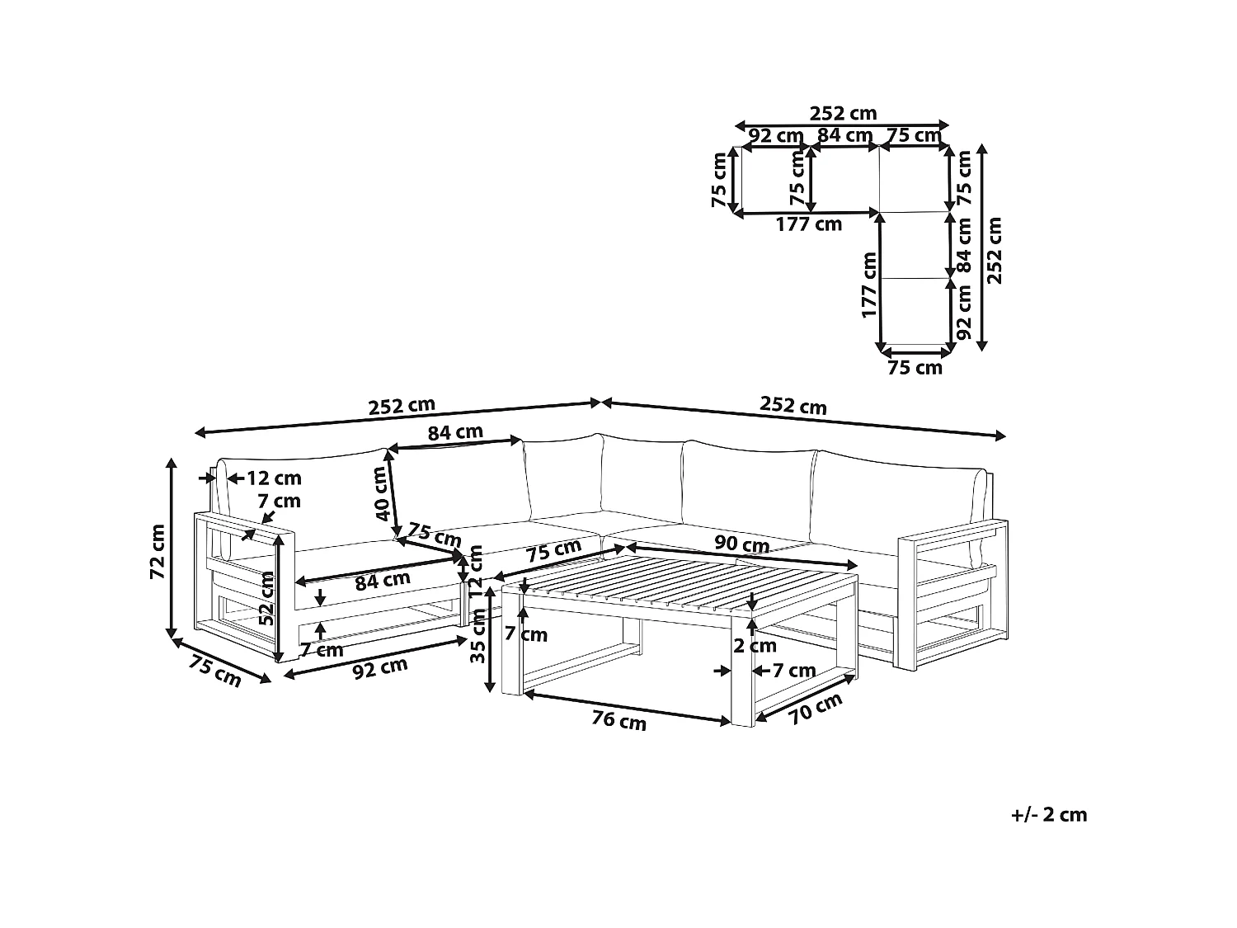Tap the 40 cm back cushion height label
coord(381,493)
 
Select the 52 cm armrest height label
coord(266,598)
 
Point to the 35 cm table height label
coord(476,652)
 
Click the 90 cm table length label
coord(742,545)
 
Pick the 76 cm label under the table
coord(618,720)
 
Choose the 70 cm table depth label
coord(816,709)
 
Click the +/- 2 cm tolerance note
coord(1049,815)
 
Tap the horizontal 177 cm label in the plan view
coord(809,224)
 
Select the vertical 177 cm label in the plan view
coord(868,285)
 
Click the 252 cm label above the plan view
coord(843,113)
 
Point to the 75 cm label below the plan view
coord(915,368)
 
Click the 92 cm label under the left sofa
coord(380,669)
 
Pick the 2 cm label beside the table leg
coord(755,646)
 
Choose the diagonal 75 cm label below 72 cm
coord(215,669)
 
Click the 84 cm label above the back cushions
coord(455,431)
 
